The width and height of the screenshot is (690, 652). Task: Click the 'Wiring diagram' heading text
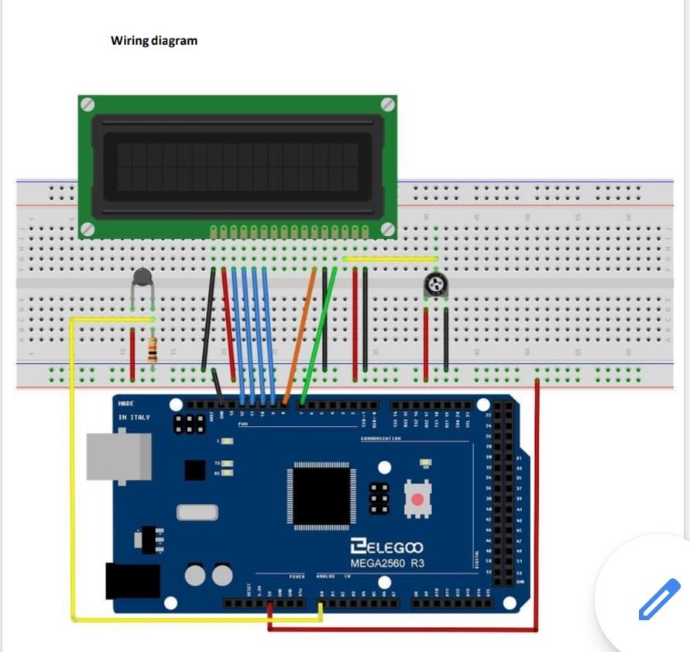pos(154,40)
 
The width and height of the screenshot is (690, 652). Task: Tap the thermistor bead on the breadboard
pos(142,276)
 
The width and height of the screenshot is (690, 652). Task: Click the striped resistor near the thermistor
pos(153,350)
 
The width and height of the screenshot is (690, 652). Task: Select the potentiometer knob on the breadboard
pos(435,287)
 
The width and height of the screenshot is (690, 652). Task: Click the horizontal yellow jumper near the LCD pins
pos(390,259)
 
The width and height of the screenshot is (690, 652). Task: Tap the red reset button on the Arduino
pos(417,499)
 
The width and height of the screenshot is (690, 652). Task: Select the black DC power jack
pos(132,580)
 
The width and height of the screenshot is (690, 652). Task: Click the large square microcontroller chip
pos(322,496)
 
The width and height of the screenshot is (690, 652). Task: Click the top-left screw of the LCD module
pos(88,104)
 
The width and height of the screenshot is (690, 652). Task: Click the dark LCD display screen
pos(237,166)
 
